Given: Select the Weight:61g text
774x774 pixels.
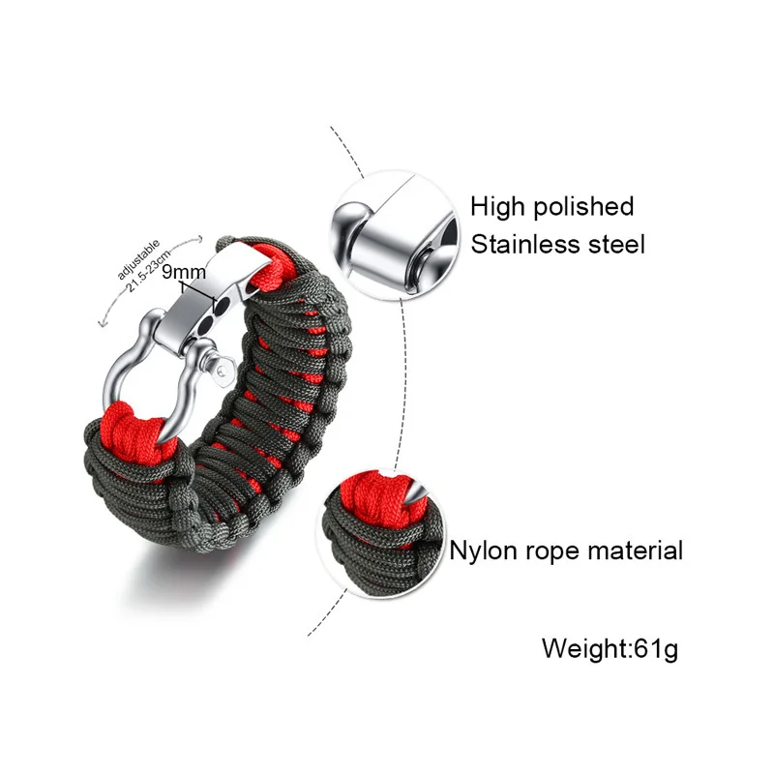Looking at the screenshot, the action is [610, 647].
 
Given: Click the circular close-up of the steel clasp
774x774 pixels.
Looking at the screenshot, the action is [395, 234].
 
